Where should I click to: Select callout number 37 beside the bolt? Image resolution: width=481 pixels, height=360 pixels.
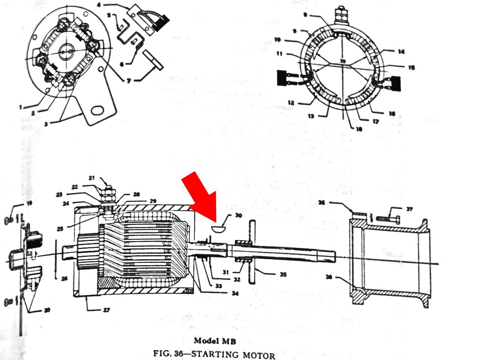(410, 209)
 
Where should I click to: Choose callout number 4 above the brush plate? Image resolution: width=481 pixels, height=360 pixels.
(112, 6)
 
